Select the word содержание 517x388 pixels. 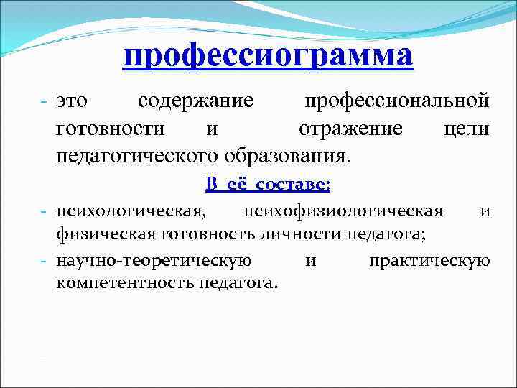click(x=195, y=101)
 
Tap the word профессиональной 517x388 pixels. click(x=397, y=101)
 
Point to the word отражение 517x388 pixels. click(x=350, y=129)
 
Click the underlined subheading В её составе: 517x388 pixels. click(x=268, y=185)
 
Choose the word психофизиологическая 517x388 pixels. click(x=343, y=211)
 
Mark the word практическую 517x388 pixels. click(x=429, y=259)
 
